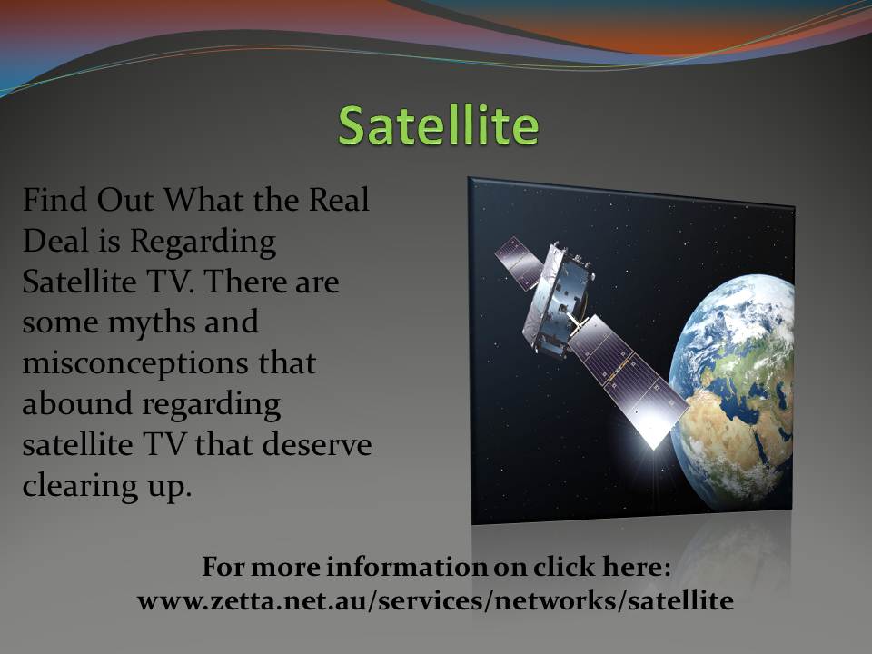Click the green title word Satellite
point(438,124)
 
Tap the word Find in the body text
point(54,199)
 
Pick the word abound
point(76,403)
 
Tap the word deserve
point(317,444)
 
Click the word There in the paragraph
point(245,281)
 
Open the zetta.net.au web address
point(435,600)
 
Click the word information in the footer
point(407,567)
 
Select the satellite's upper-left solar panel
point(519,263)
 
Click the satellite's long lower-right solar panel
point(628,381)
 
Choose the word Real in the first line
point(339,199)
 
